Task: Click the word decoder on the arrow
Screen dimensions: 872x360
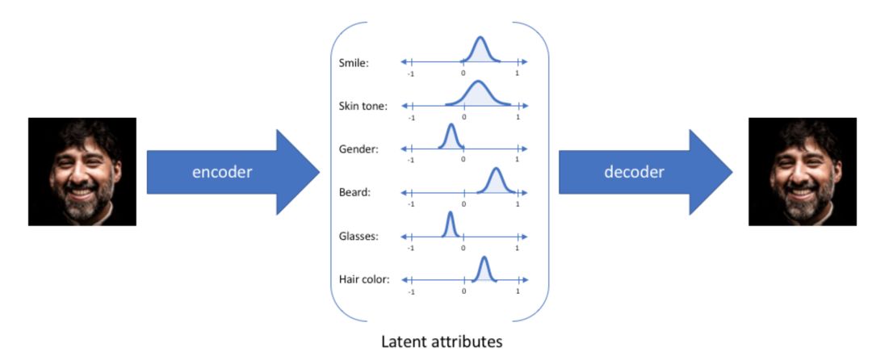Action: pos(634,172)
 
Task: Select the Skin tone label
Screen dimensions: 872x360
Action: pos(363,106)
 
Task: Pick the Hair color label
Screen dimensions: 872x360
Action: pos(364,280)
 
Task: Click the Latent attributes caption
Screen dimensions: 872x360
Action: pos(442,341)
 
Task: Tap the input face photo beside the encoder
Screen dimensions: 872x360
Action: pos(82,171)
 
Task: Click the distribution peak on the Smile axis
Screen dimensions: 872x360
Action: pos(480,39)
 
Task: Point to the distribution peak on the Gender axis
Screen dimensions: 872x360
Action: pos(451,126)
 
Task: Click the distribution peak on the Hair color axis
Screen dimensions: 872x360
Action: pos(484,258)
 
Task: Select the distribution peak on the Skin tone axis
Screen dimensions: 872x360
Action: pos(478,82)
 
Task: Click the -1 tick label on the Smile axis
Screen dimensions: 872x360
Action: pos(411,73)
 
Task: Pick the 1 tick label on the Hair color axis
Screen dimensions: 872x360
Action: pos(517,291)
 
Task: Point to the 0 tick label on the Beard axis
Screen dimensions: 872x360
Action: pos(463,204)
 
